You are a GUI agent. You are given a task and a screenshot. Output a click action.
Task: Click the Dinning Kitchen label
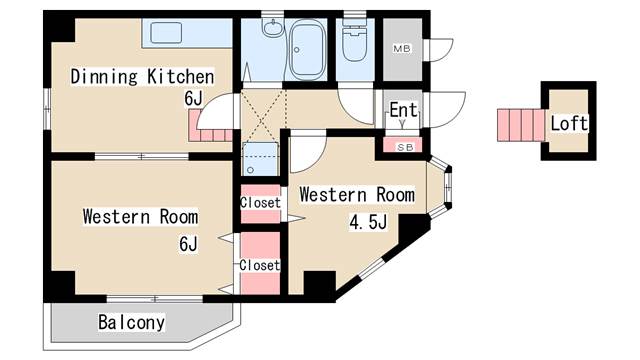(142, 77)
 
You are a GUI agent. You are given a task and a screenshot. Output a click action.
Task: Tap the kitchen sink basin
(166, 33)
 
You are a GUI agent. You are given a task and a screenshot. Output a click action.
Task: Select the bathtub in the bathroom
(308, 50)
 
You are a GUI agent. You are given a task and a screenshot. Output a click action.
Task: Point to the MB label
(402, 49)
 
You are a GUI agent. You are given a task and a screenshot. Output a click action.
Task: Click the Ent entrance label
(403, 110)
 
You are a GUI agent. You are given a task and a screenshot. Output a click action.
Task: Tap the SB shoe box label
(405, 147)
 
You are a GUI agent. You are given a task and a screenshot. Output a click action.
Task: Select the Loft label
(569, 123)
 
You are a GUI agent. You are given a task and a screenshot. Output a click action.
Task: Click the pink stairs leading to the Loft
(521, 125)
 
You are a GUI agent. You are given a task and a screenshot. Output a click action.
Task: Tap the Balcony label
(131, 322)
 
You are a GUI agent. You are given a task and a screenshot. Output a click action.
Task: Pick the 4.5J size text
(367, 222)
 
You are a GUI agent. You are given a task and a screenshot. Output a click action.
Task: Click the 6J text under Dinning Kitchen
(193, 98)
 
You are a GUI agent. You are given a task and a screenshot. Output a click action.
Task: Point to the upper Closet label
(260, 202)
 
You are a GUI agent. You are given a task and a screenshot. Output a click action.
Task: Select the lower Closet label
(260, 265)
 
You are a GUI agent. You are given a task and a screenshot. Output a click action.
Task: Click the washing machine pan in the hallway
(260, 159)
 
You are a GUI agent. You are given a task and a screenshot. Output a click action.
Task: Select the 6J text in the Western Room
(188, 244)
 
